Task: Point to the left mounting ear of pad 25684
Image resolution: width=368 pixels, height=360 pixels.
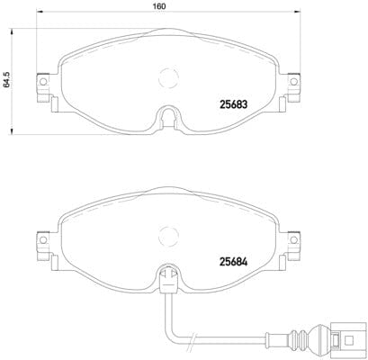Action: (x=42, y=243)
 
